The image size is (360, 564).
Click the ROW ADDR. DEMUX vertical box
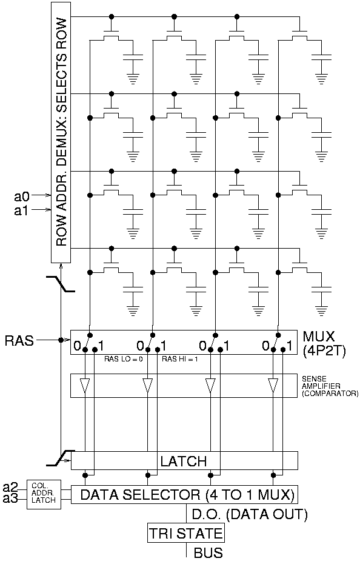[61, 132]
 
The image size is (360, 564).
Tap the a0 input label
[22, 196]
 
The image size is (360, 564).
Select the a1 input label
[22, 210]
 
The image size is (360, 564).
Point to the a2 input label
[10, 487]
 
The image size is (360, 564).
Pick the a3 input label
[10, 498]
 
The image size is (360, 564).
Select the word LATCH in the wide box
[183, 462]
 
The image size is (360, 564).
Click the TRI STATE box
[185, 534]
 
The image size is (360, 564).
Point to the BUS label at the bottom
[208, 553]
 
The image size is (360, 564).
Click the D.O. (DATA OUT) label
[250, 515]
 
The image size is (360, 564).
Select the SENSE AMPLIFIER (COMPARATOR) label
[330, 386]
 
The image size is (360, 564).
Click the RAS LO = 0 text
[123, 359]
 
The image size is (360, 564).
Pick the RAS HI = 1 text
[180, 359]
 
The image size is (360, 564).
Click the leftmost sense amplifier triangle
[85, 385]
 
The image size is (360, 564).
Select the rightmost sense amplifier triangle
[273, 385]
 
